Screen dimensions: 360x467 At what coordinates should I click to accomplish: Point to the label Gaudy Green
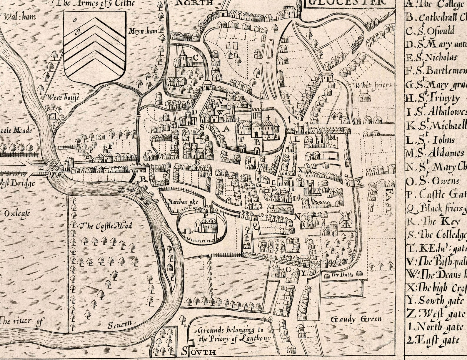[356, 319]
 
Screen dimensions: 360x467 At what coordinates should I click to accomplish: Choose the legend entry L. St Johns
[431, 140]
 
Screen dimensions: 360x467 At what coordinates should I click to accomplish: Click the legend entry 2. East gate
[433, 340]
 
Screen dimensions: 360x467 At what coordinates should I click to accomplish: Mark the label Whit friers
[373, 85]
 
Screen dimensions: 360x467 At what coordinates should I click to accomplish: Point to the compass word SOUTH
[199, 351]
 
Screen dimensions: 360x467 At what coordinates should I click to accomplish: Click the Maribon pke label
[182, 202]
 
